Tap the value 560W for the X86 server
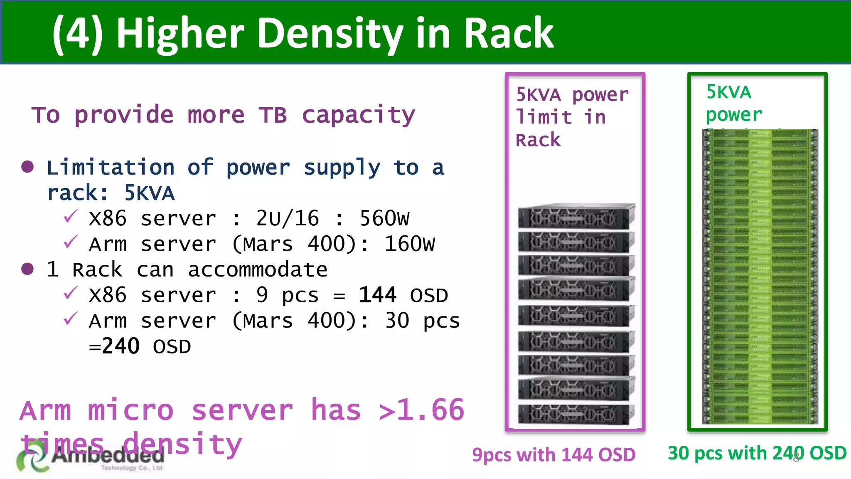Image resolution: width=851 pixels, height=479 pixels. pyautogui.click(x=384, y=218)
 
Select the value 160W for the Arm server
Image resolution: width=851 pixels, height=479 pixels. pyautogui.click(x=410, y=244)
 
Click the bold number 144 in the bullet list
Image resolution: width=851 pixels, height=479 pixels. pyautogui.click(x=377, y=295)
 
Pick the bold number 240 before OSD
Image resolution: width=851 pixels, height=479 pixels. pyautogui.click(x=121, y=346)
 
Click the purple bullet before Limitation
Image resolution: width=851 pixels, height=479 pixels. pyautogui.click(x=27, y=167)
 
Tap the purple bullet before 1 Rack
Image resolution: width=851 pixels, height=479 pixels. pyautogui.click(x=27, y=269)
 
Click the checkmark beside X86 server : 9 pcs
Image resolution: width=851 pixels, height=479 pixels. pyautogui.click(x=71, y=293)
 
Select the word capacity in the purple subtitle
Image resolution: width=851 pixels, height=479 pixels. pyautogui.click(x=358, y=115)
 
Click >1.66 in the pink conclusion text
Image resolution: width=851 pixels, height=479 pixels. pyautogui.click(x=421, y=410)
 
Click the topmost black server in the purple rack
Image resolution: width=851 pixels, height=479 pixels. pyautogui.click(x=576, y=216)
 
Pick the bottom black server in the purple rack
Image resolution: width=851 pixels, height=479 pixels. pyautogui.click(x=576, y=414)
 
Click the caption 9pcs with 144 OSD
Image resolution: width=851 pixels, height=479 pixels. pyautogui.click(x=553, y=455)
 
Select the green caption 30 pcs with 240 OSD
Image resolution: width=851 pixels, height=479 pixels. pyautogui.click(x=757, y=453)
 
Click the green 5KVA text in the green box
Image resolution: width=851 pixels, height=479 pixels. pyautogui.click(x=729, y=92)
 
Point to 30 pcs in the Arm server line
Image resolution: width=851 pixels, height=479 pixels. pyautogui.click(x=422, y=321)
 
